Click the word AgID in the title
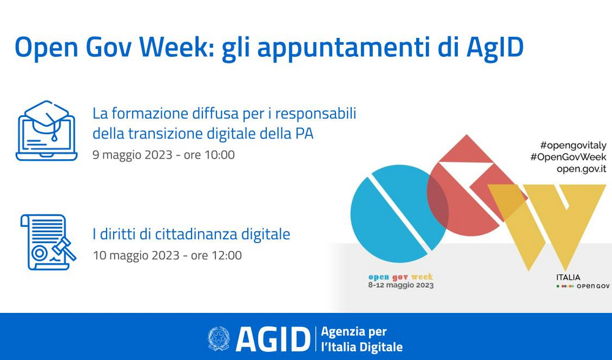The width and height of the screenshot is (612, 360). (495, 48)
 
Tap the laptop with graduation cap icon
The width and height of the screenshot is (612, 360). (47, 131)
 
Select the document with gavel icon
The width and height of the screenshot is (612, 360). (48, 242)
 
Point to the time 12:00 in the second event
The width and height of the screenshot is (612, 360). (226, 256)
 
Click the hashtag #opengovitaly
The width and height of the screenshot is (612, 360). (573, 146)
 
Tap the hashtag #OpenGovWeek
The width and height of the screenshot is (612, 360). (569, 157)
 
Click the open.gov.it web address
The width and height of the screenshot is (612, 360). (581, 169)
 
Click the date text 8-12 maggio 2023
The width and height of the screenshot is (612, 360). (401, 285)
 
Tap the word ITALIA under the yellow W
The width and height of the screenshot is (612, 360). (568, 277)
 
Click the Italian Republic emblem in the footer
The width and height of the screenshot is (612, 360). (218, 339)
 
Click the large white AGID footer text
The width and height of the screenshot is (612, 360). (273, 339)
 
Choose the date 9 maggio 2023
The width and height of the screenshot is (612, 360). (132, 155)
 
